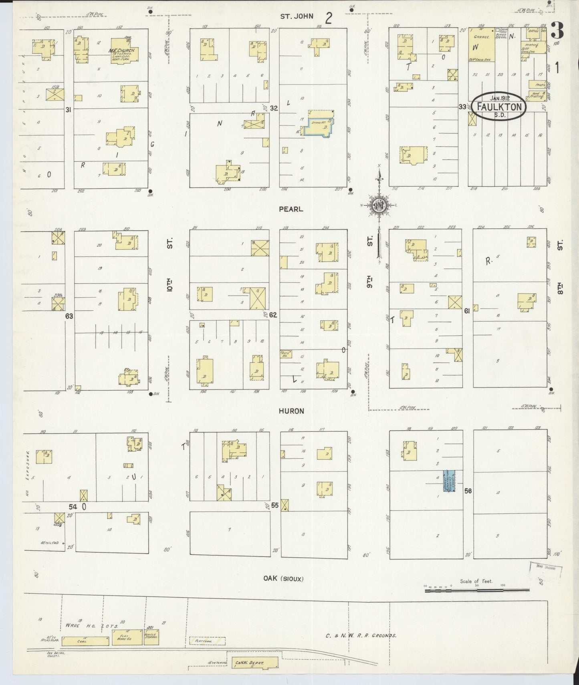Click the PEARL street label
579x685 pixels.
coord(291,209)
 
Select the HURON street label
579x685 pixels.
coord(291,411)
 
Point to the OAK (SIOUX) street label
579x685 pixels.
coord(283,578)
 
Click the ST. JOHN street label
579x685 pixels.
coord(297,16)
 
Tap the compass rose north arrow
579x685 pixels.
coord(379,176)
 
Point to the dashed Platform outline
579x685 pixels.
coord(207,641)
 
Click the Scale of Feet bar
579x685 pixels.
coord(477,590)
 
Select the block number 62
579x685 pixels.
coord(273,315)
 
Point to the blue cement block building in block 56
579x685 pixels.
coord(448,481)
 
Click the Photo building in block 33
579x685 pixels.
coord(537,85)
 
